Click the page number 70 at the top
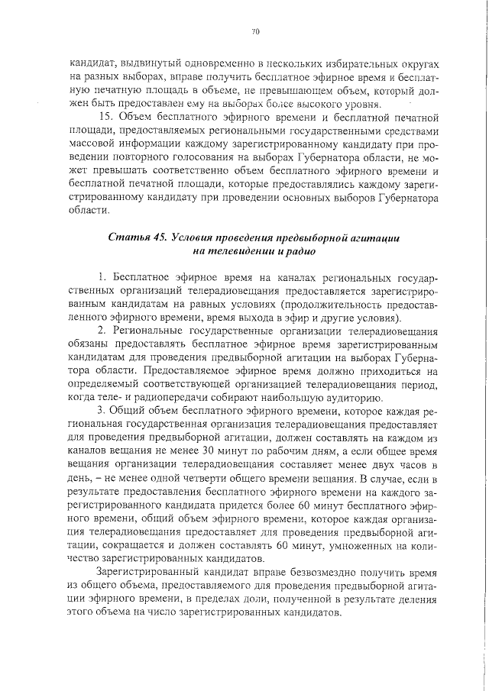click(x=255, y=31)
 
